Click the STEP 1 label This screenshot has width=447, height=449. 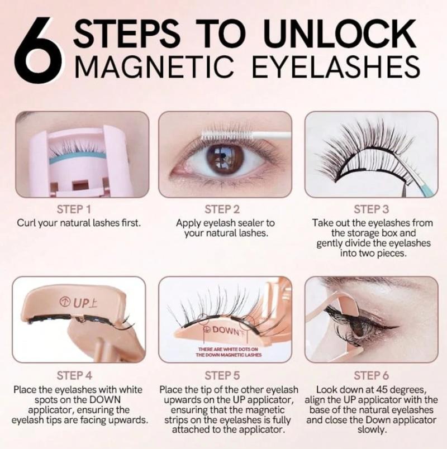[x=74, y=209]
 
